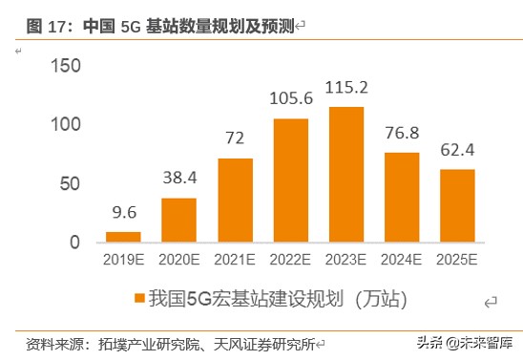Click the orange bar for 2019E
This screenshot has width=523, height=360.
tap(122, 237)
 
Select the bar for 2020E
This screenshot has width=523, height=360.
tap(178, 220)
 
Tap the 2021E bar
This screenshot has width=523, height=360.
tap(235, 200)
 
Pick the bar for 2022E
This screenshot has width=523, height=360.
tap(290, 180)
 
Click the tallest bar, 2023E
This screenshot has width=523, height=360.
tap(345, 175)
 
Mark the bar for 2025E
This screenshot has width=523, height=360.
tap(457, 205)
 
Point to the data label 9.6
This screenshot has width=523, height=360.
tap(122, 212)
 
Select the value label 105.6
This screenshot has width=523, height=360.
tap(290, 99)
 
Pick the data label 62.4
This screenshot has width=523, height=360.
tap(457, 150)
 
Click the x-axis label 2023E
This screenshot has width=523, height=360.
tap(345, 260)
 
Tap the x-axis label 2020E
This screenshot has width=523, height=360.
tap(178, 260)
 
